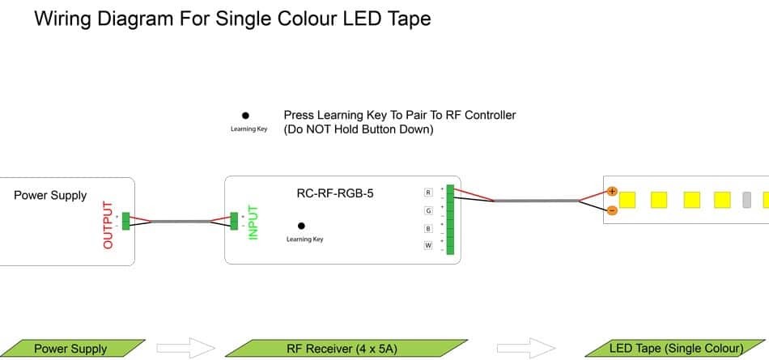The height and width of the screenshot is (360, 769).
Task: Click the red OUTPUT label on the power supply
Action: coord(108,225)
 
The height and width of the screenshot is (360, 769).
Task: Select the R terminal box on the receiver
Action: coord(428,193)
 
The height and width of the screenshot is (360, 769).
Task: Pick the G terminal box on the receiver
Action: coord(428,210)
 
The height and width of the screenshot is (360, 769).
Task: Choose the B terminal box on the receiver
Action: coord(428,228)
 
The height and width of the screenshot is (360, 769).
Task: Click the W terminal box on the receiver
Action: coord(428,245)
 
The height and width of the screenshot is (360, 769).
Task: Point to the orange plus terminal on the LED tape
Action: coord(612,192)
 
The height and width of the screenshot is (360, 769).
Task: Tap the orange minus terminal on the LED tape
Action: coord(612,210)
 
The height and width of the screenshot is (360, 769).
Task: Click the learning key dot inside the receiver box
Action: coord(301,226)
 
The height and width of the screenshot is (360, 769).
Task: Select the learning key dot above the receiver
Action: coord(245,116)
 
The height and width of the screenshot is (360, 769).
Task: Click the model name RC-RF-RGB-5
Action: coord(335,194)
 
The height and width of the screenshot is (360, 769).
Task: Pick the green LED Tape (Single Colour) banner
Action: coord(675,349)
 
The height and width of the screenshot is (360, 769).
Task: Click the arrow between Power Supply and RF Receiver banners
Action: coord(185,349)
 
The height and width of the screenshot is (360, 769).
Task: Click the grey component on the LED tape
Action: coord(747,199)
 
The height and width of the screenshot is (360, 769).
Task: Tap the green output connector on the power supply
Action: coord(125,220)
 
